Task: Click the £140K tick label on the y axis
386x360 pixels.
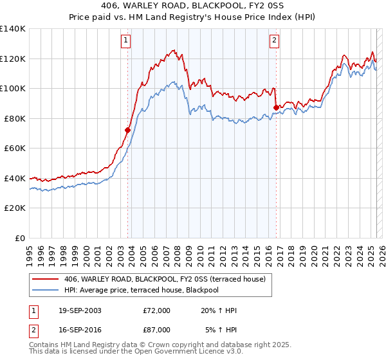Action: [13, 29]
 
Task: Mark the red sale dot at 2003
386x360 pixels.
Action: [128, 130]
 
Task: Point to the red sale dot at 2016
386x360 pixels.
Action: [276, 107]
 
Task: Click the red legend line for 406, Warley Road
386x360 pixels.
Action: [45, 279]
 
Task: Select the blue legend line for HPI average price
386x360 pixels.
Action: [45, 290]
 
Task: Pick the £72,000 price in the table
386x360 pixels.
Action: [157, 310]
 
